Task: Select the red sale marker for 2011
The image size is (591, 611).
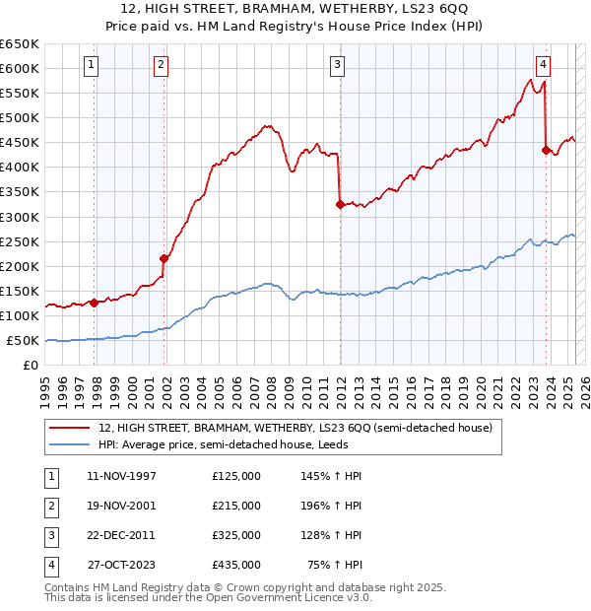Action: [340, 204]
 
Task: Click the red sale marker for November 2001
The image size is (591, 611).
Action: [164, 258]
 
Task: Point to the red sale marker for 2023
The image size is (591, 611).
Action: [546, 150]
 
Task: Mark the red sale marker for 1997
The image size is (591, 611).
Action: [94, 303]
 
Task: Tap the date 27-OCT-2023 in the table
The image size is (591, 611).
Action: [121, 565]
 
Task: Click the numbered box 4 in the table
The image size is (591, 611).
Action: [48, 565]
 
